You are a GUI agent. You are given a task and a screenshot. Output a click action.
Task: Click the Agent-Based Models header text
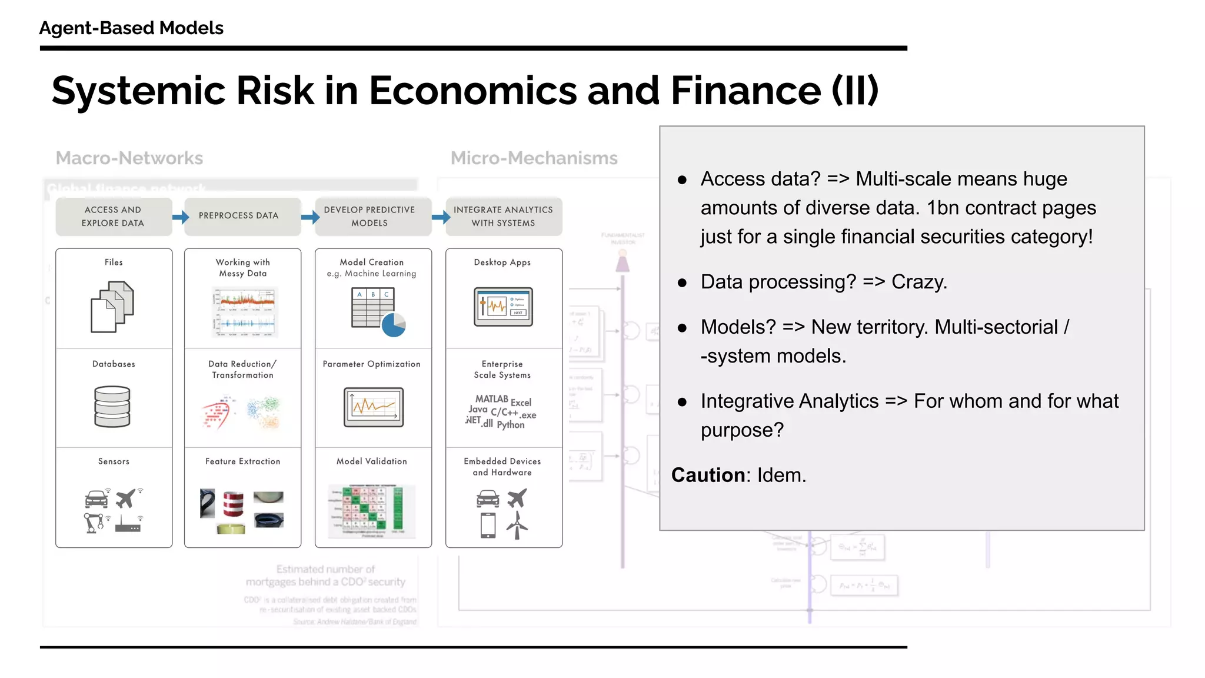[131, 28]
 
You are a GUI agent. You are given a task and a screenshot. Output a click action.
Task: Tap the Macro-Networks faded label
[129, 158]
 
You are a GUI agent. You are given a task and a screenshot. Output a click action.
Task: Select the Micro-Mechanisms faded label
[534, 158]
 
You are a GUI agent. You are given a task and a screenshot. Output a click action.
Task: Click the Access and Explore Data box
[113, 217]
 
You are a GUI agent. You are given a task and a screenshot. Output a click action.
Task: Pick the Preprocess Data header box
[239, 216]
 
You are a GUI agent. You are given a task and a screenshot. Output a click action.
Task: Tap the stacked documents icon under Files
[112, 307]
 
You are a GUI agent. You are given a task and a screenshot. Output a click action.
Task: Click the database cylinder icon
[112, 406]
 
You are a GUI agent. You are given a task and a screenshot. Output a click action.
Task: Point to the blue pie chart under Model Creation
[393, 325]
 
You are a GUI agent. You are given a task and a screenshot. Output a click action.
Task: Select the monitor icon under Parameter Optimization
[374, 407]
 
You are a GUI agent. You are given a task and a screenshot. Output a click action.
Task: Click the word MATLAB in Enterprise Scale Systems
[491, 399]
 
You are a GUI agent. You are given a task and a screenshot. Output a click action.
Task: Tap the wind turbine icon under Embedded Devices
[517, 525]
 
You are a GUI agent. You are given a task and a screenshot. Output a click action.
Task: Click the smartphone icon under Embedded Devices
[488, 525]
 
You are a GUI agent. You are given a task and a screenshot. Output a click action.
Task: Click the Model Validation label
[371, 461]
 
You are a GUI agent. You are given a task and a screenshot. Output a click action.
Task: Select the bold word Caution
[708, 475]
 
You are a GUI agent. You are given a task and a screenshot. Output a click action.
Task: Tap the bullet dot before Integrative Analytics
[682, 403]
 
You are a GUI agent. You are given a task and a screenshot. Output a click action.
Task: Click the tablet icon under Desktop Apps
[503, 307]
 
